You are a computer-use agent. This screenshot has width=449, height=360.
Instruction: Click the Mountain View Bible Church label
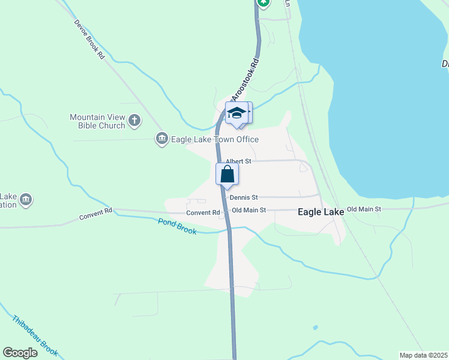(97, 121)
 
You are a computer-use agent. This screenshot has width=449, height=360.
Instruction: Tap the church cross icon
(134, 121)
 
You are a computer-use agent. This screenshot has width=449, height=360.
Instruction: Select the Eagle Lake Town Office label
(215, 140)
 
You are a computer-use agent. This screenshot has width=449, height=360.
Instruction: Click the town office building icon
(161, 140)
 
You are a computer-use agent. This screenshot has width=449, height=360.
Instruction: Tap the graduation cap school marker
(237, 113)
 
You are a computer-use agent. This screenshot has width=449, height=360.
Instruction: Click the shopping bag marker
(228, 175)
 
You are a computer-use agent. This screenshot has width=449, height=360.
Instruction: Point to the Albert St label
(238, 161)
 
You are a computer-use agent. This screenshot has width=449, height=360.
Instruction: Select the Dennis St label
(243, 197)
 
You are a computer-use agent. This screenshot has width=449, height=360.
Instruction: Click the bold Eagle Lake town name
(321, 212)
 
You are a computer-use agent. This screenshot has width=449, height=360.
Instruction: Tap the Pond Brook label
(177, 226)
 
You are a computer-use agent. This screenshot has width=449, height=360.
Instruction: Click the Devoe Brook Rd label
(89, 40)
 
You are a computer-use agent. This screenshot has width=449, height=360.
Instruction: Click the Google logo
(20, 353)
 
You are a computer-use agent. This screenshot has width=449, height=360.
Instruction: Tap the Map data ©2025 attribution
(423, 355)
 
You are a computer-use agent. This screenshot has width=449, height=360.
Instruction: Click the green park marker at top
(263, 2)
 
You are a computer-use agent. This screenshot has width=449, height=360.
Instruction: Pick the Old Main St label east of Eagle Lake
(364, 209)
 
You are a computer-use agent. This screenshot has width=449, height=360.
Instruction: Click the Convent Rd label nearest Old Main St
(203, 213)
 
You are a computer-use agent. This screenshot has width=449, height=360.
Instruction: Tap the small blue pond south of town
(315, 328)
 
